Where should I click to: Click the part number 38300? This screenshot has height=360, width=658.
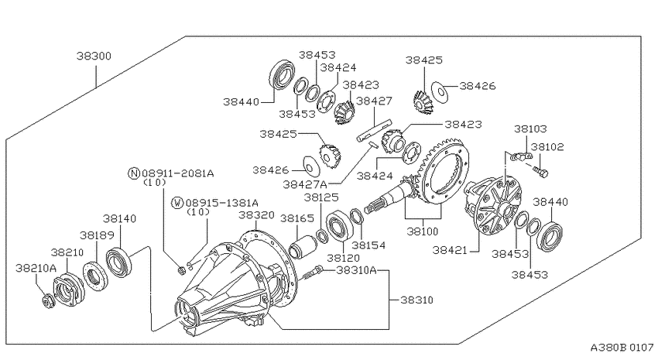coord(94,56)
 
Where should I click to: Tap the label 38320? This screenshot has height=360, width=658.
coord(256,215)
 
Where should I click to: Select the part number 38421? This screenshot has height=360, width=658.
coord(450,250)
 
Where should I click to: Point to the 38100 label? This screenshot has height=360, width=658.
coord(423,231)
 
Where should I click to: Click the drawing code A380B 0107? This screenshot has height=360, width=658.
coord(622,348)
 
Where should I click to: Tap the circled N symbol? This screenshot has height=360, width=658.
coord(134,173)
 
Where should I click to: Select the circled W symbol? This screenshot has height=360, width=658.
coord(177,203)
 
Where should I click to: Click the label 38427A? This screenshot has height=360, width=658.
coord(305,184)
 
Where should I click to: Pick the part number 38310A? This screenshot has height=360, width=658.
coord(356,269)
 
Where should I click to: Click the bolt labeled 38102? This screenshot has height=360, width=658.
coord(541,171)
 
